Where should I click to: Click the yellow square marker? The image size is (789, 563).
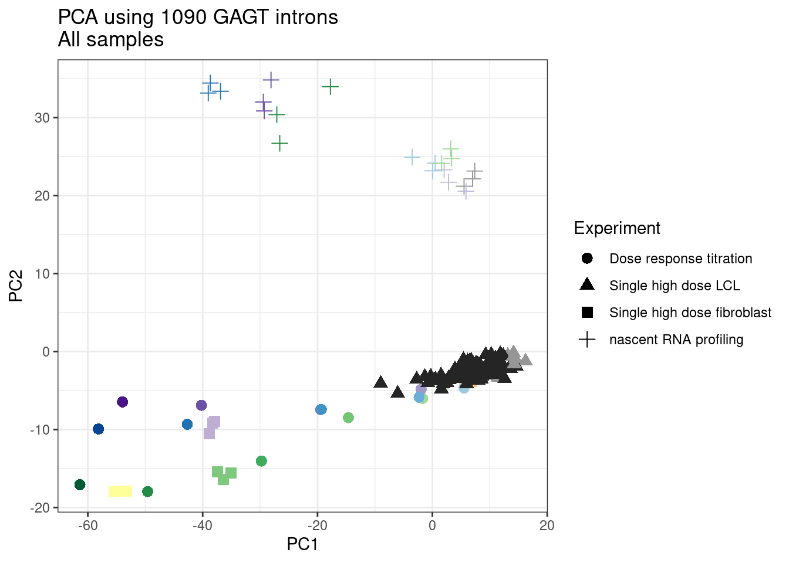pos(120,491)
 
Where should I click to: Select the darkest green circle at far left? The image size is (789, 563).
pos(80,484)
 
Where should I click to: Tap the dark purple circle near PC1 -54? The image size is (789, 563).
pos(122,402)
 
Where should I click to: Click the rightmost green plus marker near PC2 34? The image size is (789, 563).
pos(331,87)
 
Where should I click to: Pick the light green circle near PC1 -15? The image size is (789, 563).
pos(348,418)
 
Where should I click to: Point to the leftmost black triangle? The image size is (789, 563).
pos(380,382)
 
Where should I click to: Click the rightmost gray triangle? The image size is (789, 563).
pos(525,359)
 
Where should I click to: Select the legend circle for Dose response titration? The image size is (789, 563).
pos(587,259)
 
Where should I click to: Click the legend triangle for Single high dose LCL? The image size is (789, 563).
pos(587,285)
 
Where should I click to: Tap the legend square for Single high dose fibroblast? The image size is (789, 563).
pos(587,313)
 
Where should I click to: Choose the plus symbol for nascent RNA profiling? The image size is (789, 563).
pos(587,340)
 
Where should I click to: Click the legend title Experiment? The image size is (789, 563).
pos(617,228)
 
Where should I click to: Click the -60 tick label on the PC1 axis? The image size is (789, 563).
pos(87,525)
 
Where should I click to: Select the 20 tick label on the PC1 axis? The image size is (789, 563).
pos(547,525)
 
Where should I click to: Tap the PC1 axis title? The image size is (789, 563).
pos(302,544)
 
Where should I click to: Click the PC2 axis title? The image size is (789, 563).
pos(16,286)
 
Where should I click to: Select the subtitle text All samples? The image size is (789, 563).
pos(111,40)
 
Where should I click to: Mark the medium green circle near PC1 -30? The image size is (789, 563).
pos(261,461)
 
